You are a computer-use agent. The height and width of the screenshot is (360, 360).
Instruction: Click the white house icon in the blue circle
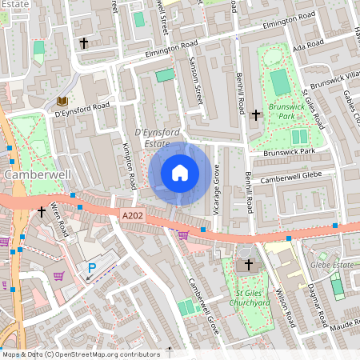point(180,172)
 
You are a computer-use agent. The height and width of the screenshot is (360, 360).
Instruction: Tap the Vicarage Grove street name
point(216,189)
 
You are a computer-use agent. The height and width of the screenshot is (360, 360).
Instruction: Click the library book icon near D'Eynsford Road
point(62,101)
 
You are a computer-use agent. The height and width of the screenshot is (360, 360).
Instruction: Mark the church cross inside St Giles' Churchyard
point(248,264)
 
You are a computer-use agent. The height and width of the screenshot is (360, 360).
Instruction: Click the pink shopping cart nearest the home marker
point(184,234)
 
